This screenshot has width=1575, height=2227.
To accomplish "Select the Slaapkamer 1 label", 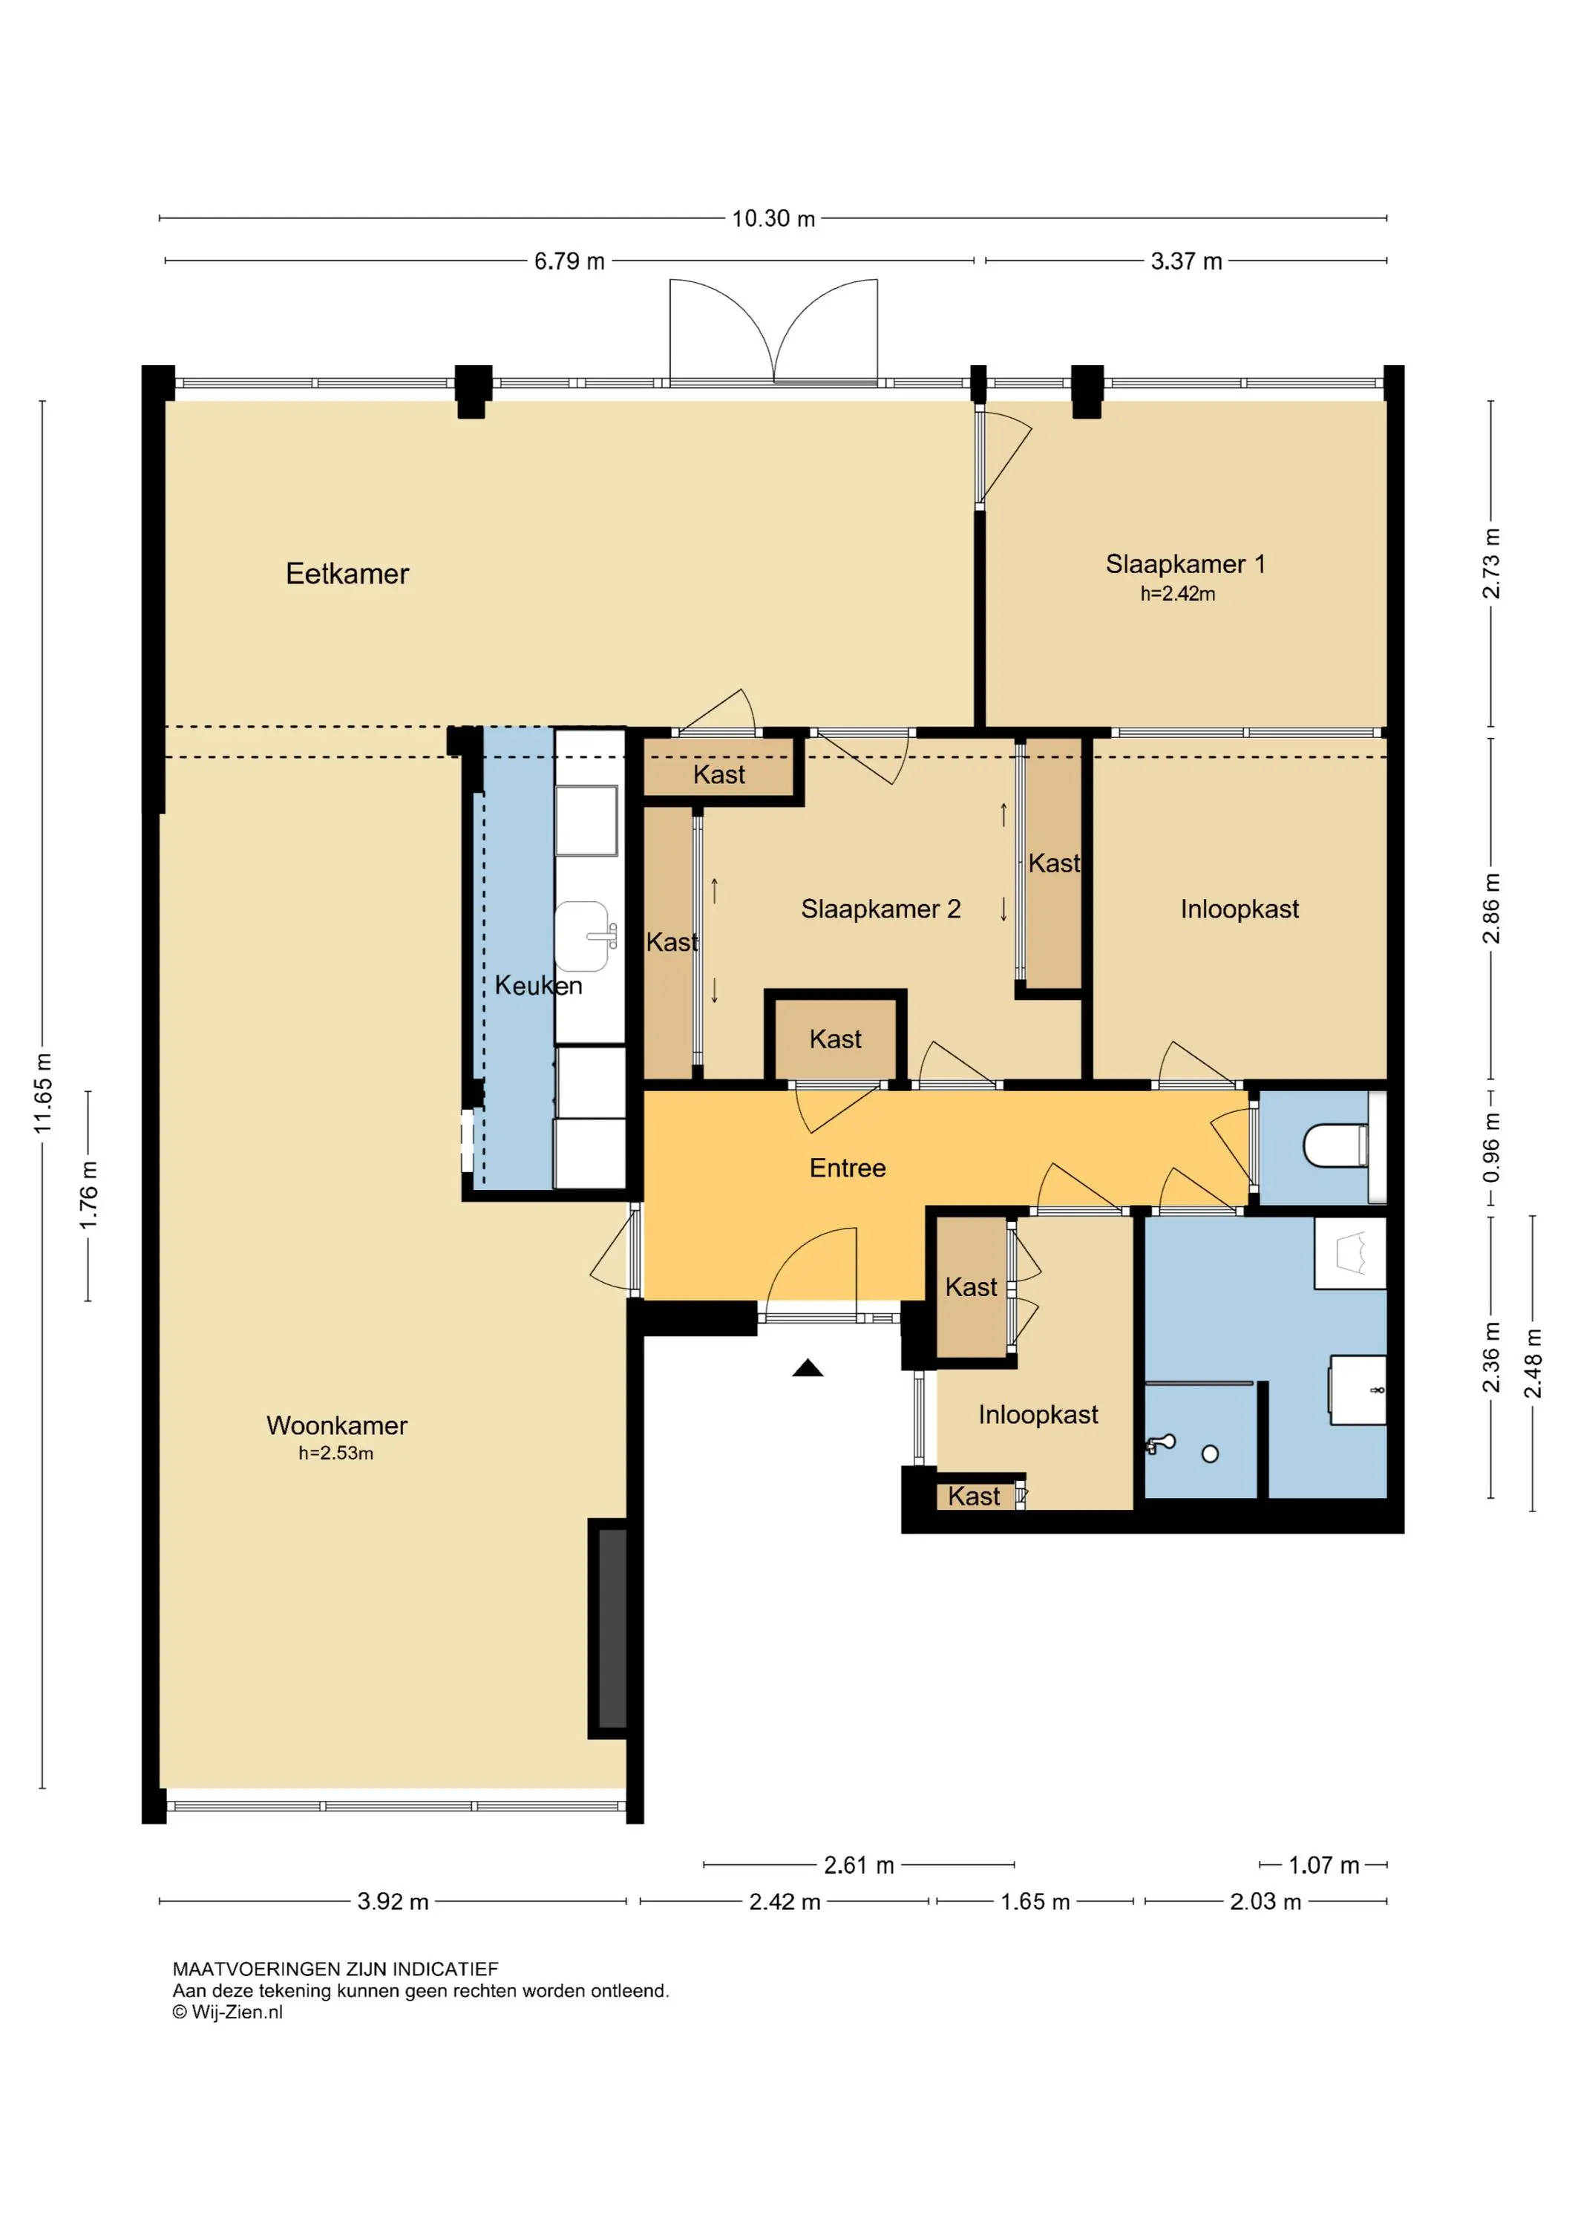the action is pos(1185,563).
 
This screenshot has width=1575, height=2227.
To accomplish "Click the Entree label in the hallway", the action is pos(848,1168).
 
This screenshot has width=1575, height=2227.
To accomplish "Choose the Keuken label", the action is pos(538,986).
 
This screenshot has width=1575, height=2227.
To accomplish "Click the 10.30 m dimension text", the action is pos(773,218).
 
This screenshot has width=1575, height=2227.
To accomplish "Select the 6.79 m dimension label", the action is pos(569,261).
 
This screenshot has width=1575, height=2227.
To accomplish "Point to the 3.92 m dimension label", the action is pos(393,1901).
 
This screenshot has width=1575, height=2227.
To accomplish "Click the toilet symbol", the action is pos(1335,1145).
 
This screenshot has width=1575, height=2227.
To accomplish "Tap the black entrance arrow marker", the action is pos(808,1369).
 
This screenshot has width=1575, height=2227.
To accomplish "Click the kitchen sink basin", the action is pos(582,936).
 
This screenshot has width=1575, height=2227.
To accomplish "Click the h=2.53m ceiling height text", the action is pos(335,1453).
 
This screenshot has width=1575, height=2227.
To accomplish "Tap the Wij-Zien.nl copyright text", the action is pos(228,2012).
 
